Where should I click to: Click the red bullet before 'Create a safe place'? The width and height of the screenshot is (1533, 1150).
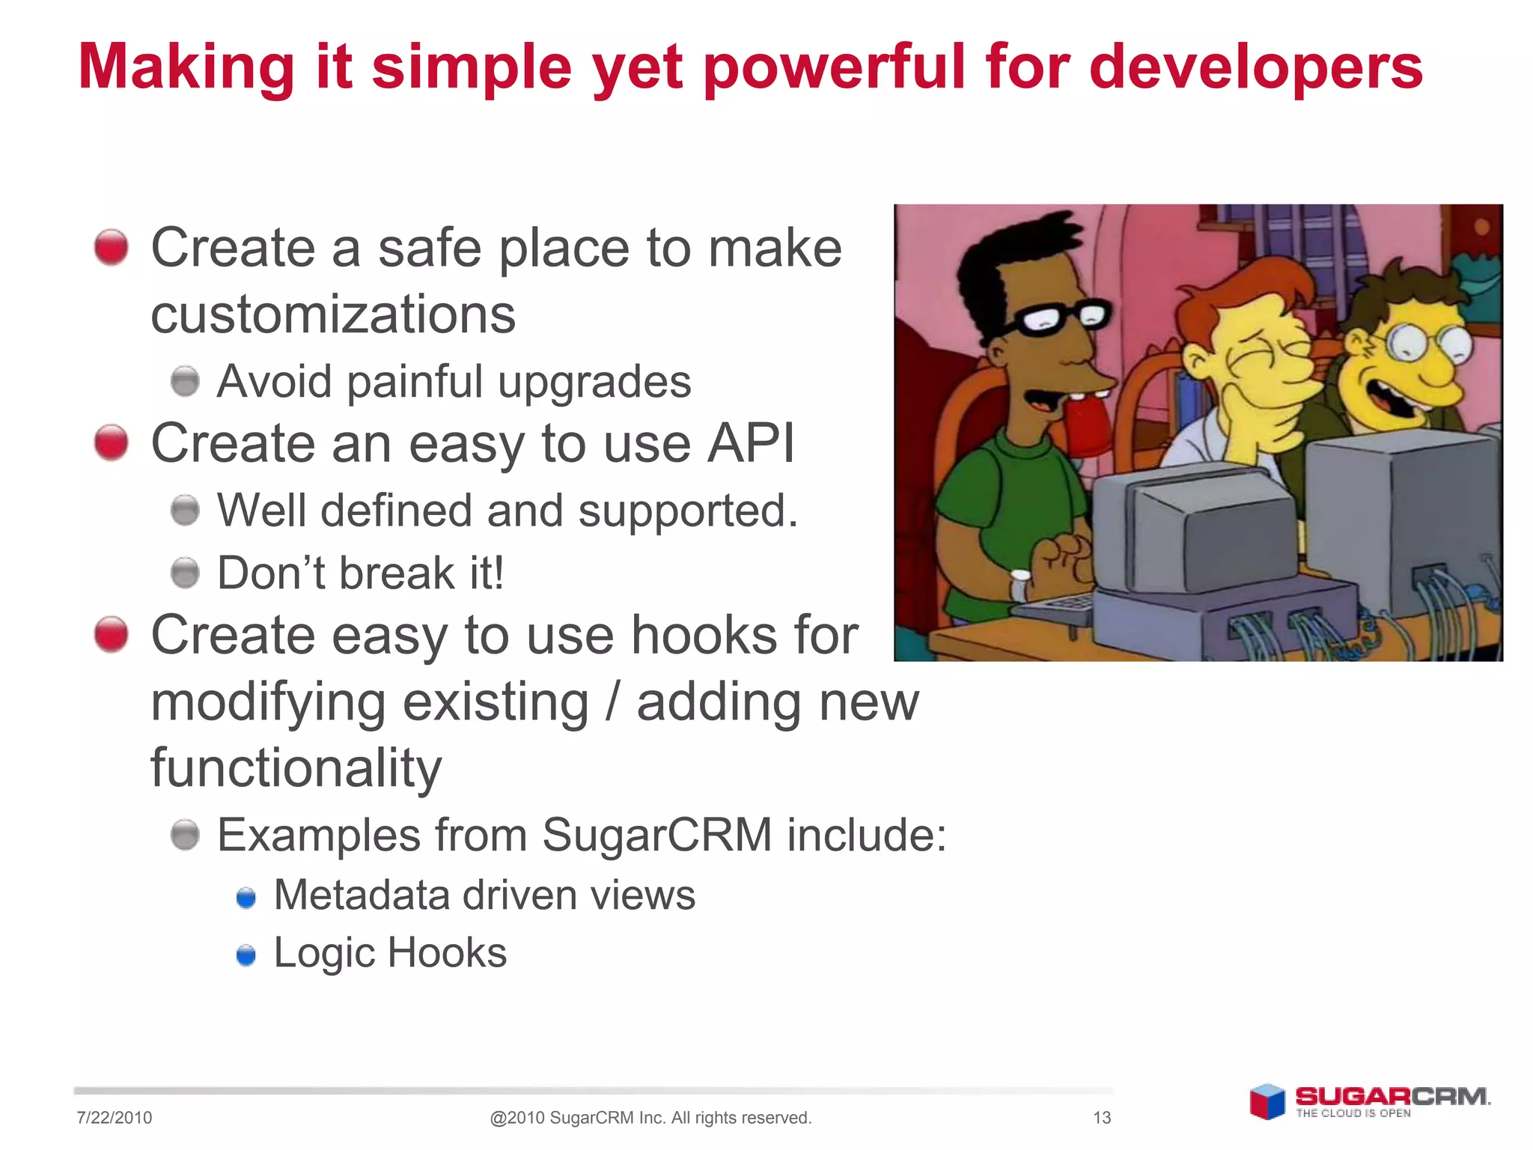pos(112,247)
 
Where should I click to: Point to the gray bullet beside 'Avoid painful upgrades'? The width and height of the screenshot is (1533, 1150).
pos(185,381)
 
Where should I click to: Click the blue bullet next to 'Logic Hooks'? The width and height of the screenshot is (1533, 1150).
pos(246,955)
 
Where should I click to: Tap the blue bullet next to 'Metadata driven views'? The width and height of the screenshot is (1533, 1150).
pos(246,897)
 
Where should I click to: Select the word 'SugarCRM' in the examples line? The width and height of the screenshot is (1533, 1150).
pos(656,835)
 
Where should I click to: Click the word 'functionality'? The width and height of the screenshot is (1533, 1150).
pos(296,769)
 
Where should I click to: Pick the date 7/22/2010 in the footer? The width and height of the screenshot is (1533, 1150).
pos(114,1118)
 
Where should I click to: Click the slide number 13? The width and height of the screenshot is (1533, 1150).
pos(1102,1118)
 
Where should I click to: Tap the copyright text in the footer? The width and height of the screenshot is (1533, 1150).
pos(650,1118)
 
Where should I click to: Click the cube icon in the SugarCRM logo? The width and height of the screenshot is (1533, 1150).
pos(1267,1101)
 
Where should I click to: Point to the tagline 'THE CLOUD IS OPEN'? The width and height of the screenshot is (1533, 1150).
pos(1353,1113)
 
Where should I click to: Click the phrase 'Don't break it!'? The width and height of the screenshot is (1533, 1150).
pos(361,574)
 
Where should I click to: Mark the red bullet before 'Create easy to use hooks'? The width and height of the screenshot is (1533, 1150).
pos(112,635)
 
